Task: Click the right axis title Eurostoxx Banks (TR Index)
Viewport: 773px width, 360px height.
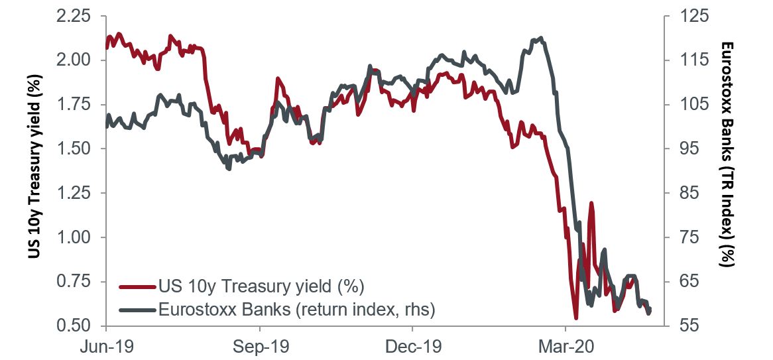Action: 727,154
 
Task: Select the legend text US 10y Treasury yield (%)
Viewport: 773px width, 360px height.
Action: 262,287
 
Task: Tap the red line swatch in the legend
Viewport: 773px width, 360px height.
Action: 137,287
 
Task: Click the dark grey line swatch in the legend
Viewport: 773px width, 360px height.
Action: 137,309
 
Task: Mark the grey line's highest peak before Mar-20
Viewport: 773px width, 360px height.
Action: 542,38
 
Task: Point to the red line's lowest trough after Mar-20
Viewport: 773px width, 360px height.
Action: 575,318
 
